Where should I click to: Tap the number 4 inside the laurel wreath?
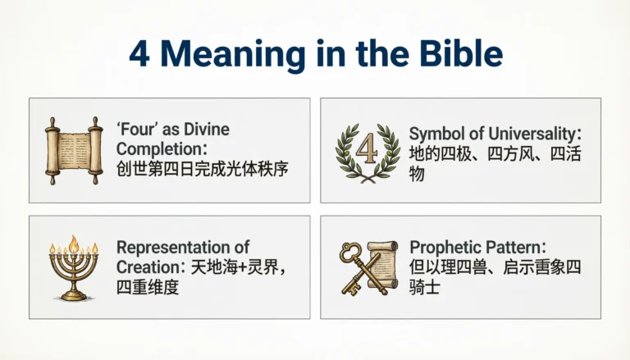pyautogui.click(x=365, y=146)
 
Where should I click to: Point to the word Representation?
pyautogui.click(x=172, y=248)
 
